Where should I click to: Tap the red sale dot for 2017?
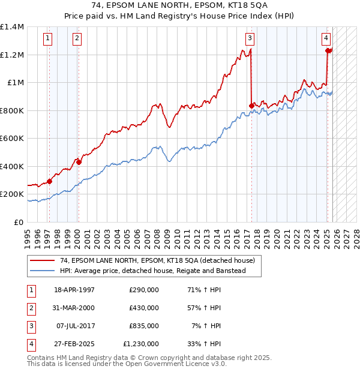251,106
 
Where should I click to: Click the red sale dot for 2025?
328,51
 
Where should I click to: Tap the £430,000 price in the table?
144,308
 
